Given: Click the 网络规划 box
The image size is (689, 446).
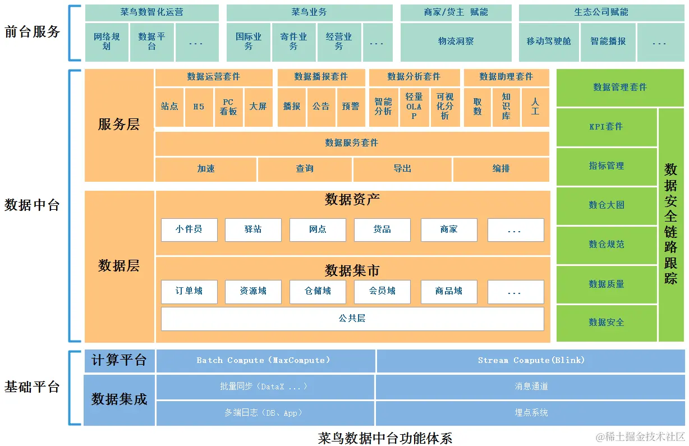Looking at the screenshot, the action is pyautogui.click(x=107, y=42).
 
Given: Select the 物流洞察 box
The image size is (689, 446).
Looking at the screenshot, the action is pyautogui.click(x=456, y=42).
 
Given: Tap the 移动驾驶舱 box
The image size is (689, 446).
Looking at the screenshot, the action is pyautogui.click(x=548, y=42).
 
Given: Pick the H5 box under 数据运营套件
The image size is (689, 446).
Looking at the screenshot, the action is pyautogui.click(x=199, y=107).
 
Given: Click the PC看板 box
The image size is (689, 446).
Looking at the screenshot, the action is pyautogui.click(x=228, y=107).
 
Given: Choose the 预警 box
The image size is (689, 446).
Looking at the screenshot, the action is pyautogui.click(x=351, y=107).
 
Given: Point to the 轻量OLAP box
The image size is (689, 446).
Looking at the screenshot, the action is pyautogui.click(x=414, y=107).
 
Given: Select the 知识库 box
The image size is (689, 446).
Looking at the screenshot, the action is pyautogui.click(x=506, y=107).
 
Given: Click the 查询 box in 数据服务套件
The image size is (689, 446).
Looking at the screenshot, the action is pyautogui.click(x=305, y=169).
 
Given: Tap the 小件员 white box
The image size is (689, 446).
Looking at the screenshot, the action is pyautogui.click(x=189, y=230).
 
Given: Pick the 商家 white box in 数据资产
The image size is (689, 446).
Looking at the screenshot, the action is pyautogui.click(x=449, y=230).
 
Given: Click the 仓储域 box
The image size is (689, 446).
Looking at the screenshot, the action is pyautogui.click(x=318, y=292).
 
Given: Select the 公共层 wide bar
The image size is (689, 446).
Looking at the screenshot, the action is pyautogui.click(x=352, y=319).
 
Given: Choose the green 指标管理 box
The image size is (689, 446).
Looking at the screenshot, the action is pyautogui.click(x=607, y=166).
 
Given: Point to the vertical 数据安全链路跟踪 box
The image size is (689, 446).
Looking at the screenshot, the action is pyautogui.click(x=671, y=224).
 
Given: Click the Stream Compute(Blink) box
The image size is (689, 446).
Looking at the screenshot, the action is pyautogui.click(x=531, y=361).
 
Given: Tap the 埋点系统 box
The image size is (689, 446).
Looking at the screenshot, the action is pyautogui.click(x=531, y=413).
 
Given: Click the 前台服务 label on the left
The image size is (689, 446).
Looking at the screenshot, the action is pyautogui.click(x=32, y=32).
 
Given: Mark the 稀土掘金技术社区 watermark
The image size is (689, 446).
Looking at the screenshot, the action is pyautogui.click(x=641, y=437).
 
